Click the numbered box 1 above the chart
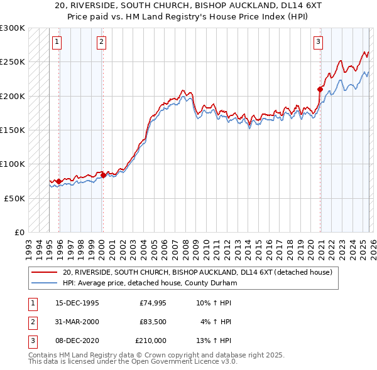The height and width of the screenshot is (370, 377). tap(57, 42)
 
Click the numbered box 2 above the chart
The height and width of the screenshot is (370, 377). tap(101, 42)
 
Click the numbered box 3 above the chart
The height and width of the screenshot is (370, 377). tap(319, 42)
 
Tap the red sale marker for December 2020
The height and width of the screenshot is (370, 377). tap(320, 89)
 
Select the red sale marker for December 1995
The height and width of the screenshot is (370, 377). tap(59, 181)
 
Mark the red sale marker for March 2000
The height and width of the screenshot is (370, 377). tap(104, 176)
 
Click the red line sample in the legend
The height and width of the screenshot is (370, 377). tap(45, 273)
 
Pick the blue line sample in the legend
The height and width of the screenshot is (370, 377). tap(45, 283)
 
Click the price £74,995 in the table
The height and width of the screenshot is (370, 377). tap(153, 303)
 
